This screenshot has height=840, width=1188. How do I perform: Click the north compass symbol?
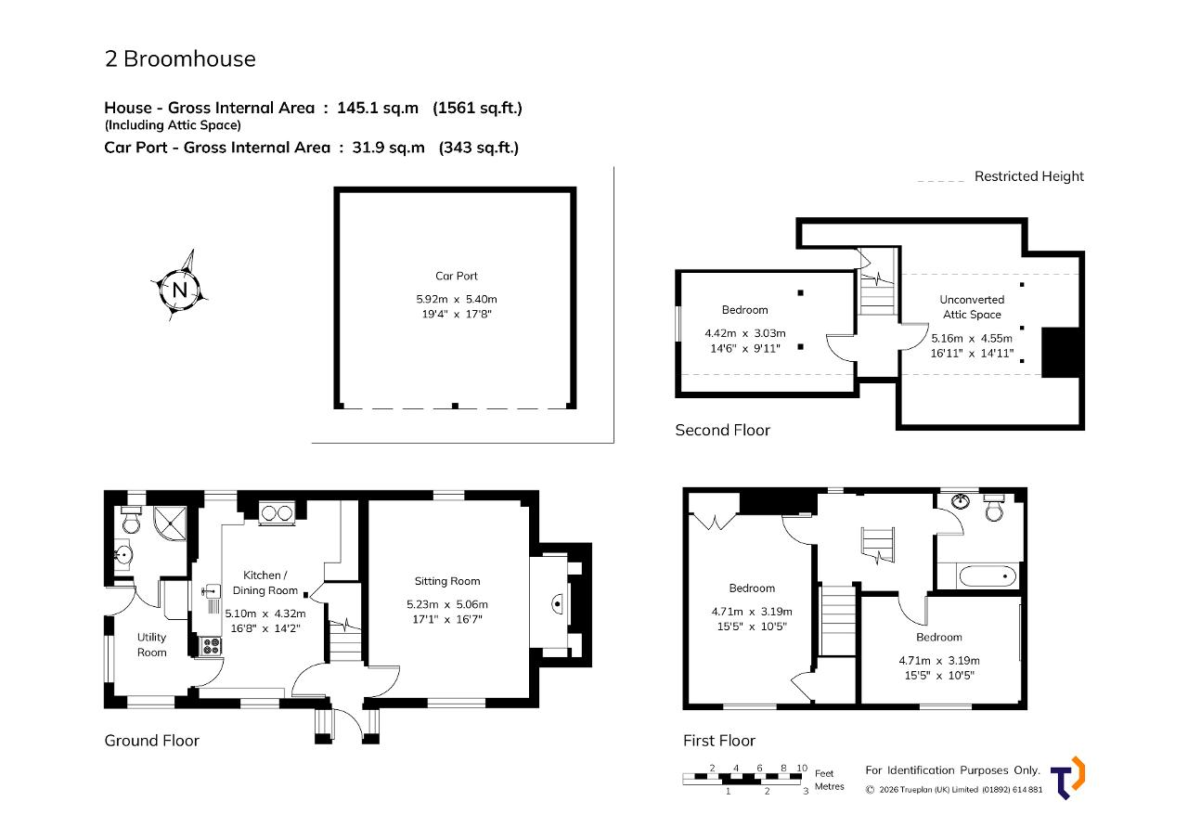tap(180, 289)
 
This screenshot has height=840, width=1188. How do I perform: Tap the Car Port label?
tap(456, 276)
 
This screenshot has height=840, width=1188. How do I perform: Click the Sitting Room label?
tap(447, 581)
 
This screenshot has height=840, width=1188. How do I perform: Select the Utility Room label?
tap(151, 644)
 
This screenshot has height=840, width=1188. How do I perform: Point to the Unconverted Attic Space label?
tap(972, 307)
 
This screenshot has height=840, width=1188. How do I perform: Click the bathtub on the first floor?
tap(988, 576)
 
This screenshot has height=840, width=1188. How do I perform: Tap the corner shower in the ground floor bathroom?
tap(170, 523)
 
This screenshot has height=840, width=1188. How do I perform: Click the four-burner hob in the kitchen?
tap(211, 646)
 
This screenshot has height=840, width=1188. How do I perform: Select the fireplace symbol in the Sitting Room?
tap(557, 604)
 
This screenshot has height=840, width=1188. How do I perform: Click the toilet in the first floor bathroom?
tap(994, 508)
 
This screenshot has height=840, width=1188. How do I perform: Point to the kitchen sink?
tap(212, 590)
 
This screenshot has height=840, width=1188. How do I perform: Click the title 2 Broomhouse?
tap(180, 58)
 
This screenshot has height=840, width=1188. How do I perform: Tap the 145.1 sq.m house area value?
tap(378, 109)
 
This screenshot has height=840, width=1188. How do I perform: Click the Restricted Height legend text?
tap(1029, 176)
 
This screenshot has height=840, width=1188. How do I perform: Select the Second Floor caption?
tap(722, 430)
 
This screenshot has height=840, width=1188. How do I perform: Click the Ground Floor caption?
tap(151, 741)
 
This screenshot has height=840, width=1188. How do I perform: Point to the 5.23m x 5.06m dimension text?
tap(447, 604)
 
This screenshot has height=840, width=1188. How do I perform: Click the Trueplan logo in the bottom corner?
tap(1067, 778)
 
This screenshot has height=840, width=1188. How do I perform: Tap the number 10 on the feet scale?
tap(802, 768)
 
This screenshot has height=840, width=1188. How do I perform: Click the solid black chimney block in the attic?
tap(1061, 352)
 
